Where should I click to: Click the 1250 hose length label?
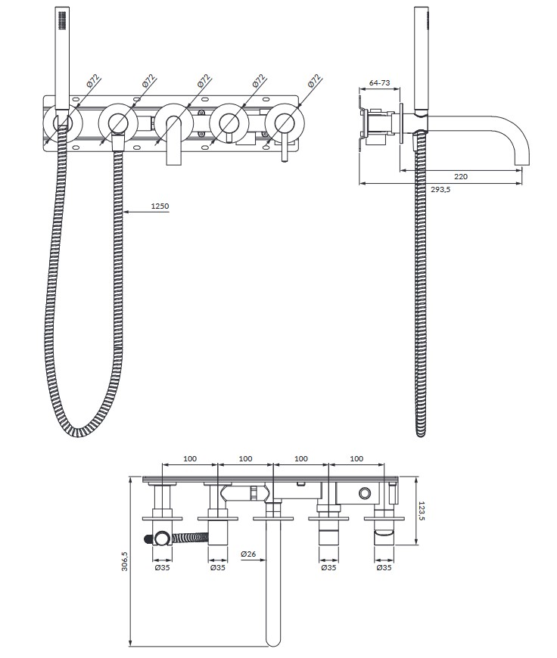(160, 206)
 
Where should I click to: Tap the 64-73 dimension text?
(379, 82)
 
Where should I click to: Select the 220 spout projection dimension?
(461, 177)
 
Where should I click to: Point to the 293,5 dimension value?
(440, 189)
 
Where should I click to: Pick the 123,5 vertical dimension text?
(422, 511)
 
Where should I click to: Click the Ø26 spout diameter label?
(248, 554)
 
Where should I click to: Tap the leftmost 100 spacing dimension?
(190, 458)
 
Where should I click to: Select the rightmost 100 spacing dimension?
(356, 458)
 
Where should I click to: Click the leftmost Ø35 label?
(162, 568)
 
